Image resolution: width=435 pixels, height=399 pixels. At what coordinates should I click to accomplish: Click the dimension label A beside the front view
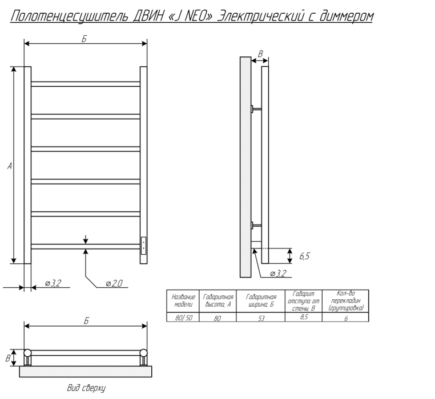click(x=10, y=166)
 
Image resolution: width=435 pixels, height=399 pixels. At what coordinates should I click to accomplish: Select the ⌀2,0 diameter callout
click(x=114, y=283)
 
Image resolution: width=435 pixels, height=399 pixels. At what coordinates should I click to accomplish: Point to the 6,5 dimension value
click(x=304, y=256)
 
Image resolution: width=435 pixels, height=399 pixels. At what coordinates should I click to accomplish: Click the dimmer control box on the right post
click(x=143, y=245)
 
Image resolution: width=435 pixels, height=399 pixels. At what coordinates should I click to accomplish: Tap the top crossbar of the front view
click(x=86, y=84)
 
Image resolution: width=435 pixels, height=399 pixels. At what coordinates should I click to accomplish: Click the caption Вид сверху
click(x=86, y=388)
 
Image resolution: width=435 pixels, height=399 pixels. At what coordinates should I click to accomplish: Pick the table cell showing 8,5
click(x=304, y=317)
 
